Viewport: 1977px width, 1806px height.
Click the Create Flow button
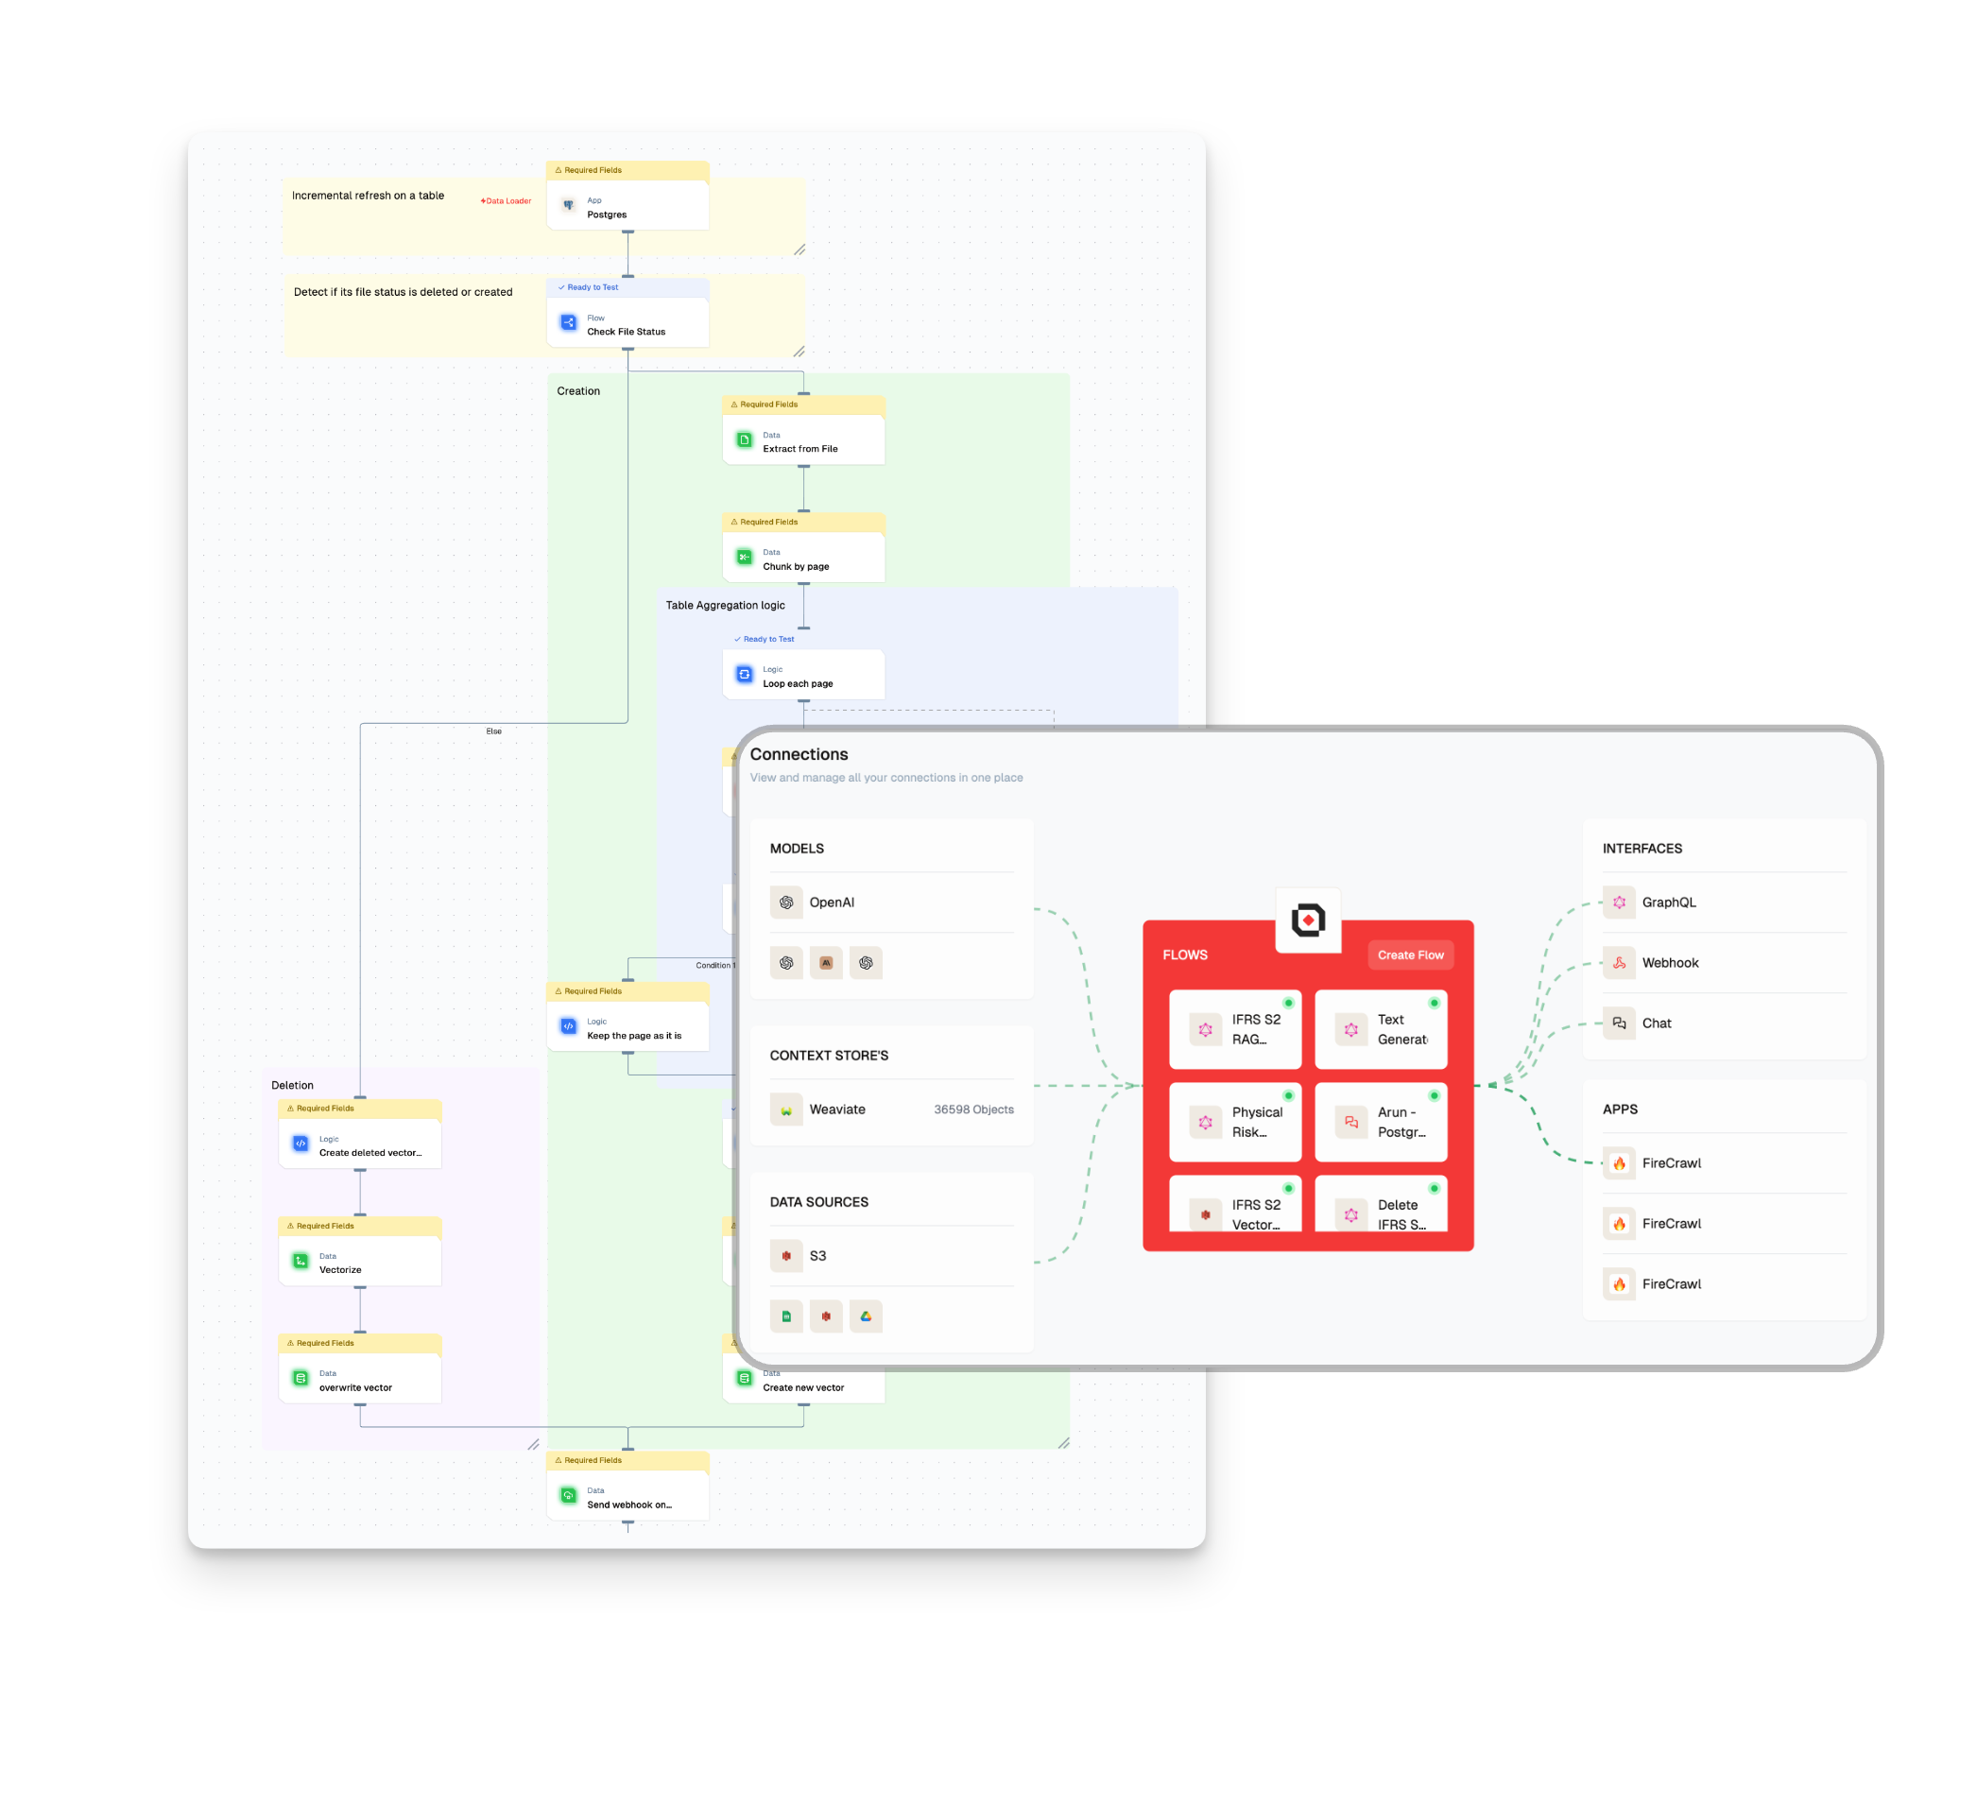(1410, 955)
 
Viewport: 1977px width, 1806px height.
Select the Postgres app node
(627, 206)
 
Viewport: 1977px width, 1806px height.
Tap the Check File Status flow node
(627, 323)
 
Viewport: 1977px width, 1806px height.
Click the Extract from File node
(803, 441)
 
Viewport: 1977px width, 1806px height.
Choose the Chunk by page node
(803, 559)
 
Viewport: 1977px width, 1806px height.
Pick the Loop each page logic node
(803, 677)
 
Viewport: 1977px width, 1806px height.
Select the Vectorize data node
(360, 1262)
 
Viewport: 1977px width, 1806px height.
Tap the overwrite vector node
(360, 1380)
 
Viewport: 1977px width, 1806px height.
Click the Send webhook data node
(627, 1497)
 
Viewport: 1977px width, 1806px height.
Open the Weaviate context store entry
(837, 1109)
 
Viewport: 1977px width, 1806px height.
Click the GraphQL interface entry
(1668, 902)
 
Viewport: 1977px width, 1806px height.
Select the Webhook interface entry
(1669, 963)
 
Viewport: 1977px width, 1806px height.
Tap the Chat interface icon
(1619, 1023)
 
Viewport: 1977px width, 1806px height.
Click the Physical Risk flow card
(1236, 1122)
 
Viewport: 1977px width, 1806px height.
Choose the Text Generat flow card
(1381, 1029)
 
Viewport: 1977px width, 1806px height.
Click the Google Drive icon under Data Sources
(866, 1316)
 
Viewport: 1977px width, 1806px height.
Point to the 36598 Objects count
(972, 1109)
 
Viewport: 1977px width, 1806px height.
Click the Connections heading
(799, 754)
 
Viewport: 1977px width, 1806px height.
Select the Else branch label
(493, 731)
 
